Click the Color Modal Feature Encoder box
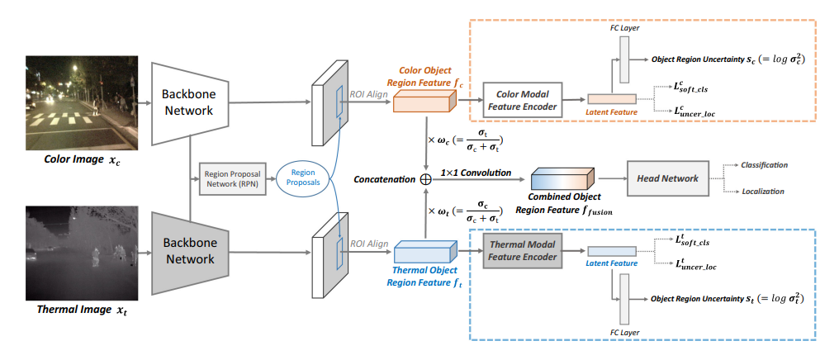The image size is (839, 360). (521, 99)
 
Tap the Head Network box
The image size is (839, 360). (668, 178)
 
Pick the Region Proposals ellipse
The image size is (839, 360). (302, 179)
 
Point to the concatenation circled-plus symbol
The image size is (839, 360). (425, 178)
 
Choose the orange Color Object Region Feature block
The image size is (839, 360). (423, 102)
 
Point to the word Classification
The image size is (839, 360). (764, 165)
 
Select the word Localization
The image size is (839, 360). (761, 192)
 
